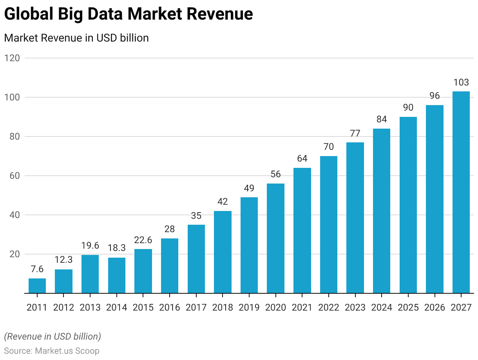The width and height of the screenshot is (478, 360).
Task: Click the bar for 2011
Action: [37, 285]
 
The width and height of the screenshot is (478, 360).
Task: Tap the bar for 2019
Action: [249, 245]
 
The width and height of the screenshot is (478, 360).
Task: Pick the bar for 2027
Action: [461, 192]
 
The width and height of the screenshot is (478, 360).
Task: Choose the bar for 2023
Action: [355, 218]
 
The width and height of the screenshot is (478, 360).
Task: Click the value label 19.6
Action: [90, 245]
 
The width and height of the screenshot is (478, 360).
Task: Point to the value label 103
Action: [461, 82]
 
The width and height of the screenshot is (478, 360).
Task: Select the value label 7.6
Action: [37, 269]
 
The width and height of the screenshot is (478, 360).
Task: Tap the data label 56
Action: [275, 174]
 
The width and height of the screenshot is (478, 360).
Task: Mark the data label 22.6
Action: [143, 240]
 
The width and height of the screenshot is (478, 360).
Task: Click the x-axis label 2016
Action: [170, 307]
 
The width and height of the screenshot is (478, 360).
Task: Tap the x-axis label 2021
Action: [302, 307]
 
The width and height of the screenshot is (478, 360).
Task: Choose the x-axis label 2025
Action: [408, 307]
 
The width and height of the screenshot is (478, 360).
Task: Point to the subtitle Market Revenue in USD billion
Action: [76, 38]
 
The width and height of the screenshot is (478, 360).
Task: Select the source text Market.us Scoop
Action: [67, 351]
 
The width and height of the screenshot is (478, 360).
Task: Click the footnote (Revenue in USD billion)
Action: [53, 336]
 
